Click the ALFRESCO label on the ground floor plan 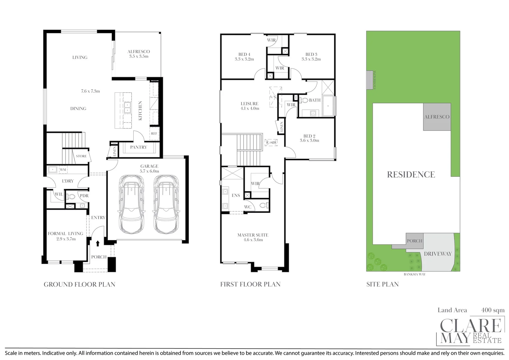pyautogui.click(x=139, y=52)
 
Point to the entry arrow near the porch pyautogui.click(x=98, y=243)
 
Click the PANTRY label pyautogui.click(x=139, y=147)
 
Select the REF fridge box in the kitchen pyautogui.click(x=154, y=133)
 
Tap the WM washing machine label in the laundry pyautogui.click(x=63, y=170)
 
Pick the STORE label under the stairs pyautogui.click(x=81, y=156)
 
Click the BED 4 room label pyautogui.click(x=244, y=54)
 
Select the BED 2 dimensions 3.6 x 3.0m pyautogui.click(x=309, y=141)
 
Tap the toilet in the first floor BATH pyautogui.click(x=304, y=100)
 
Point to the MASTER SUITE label pyautogui.click(x=253, y=235)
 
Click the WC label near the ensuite pyautogui.click(x=248, y=207)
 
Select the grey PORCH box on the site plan pyautogui.click(x=414, y=241)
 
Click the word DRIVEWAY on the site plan pyautogui.click(x=438, y=254)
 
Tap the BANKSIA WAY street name pyautogui.click(x=414, y=274)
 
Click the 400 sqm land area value pyautogui.click(x=493, y=310)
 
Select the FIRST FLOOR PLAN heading pyautogui.click(x=250, y=284)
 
